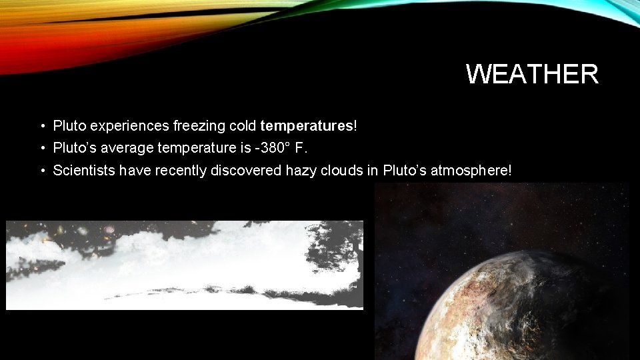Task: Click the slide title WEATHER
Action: (532, 74)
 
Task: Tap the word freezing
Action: (198, 125)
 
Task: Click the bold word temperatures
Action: (307, 125)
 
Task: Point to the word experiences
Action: (131, 125)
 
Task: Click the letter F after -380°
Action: (299, 147)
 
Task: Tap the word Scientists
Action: (84, 171)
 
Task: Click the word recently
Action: (181, 171)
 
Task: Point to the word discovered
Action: (246, 171)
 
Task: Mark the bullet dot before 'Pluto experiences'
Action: (42, 126)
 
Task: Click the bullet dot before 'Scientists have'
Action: (42, 171)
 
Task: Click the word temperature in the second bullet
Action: (193, 147)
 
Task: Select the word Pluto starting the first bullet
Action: (69, 125)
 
